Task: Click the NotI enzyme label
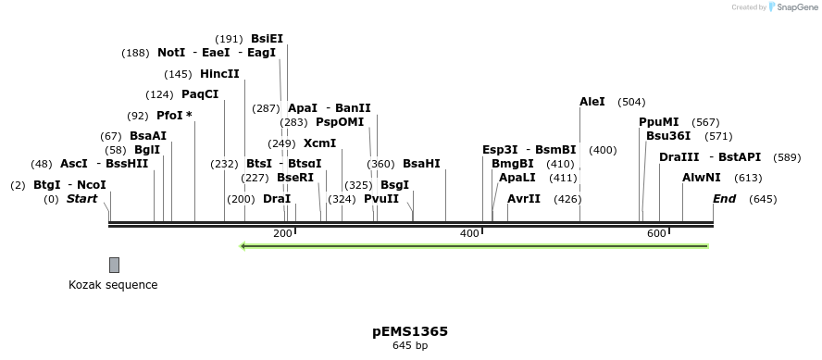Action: click(x=171, y=53)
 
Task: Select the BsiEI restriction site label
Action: click(x=267, y=39)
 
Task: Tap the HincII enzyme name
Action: click(x=219, y=74)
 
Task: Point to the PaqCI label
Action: click(x=200, y=94)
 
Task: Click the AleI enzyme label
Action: click(x=592, y=102)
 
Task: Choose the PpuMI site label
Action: click(x=658, y=122)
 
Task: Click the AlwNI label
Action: click(x=701, y=178)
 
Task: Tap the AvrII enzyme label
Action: click(x=523, y=199)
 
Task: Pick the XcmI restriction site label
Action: click(x=319, y=143)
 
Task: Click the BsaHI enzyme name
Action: click(x=421, y=164)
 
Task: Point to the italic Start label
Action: click(x=81, y=199)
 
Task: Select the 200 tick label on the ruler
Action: click(x=282, y=233)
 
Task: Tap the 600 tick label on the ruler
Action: click(x=656, y=233)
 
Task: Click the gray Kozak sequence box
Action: click(x=114, y=265)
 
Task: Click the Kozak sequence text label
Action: click(x=113, y=285)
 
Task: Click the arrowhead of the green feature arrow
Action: click(x=243, y=246)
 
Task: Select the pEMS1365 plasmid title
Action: click(x=410, y=331)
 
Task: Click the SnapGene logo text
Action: click(x=795, y=7)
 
